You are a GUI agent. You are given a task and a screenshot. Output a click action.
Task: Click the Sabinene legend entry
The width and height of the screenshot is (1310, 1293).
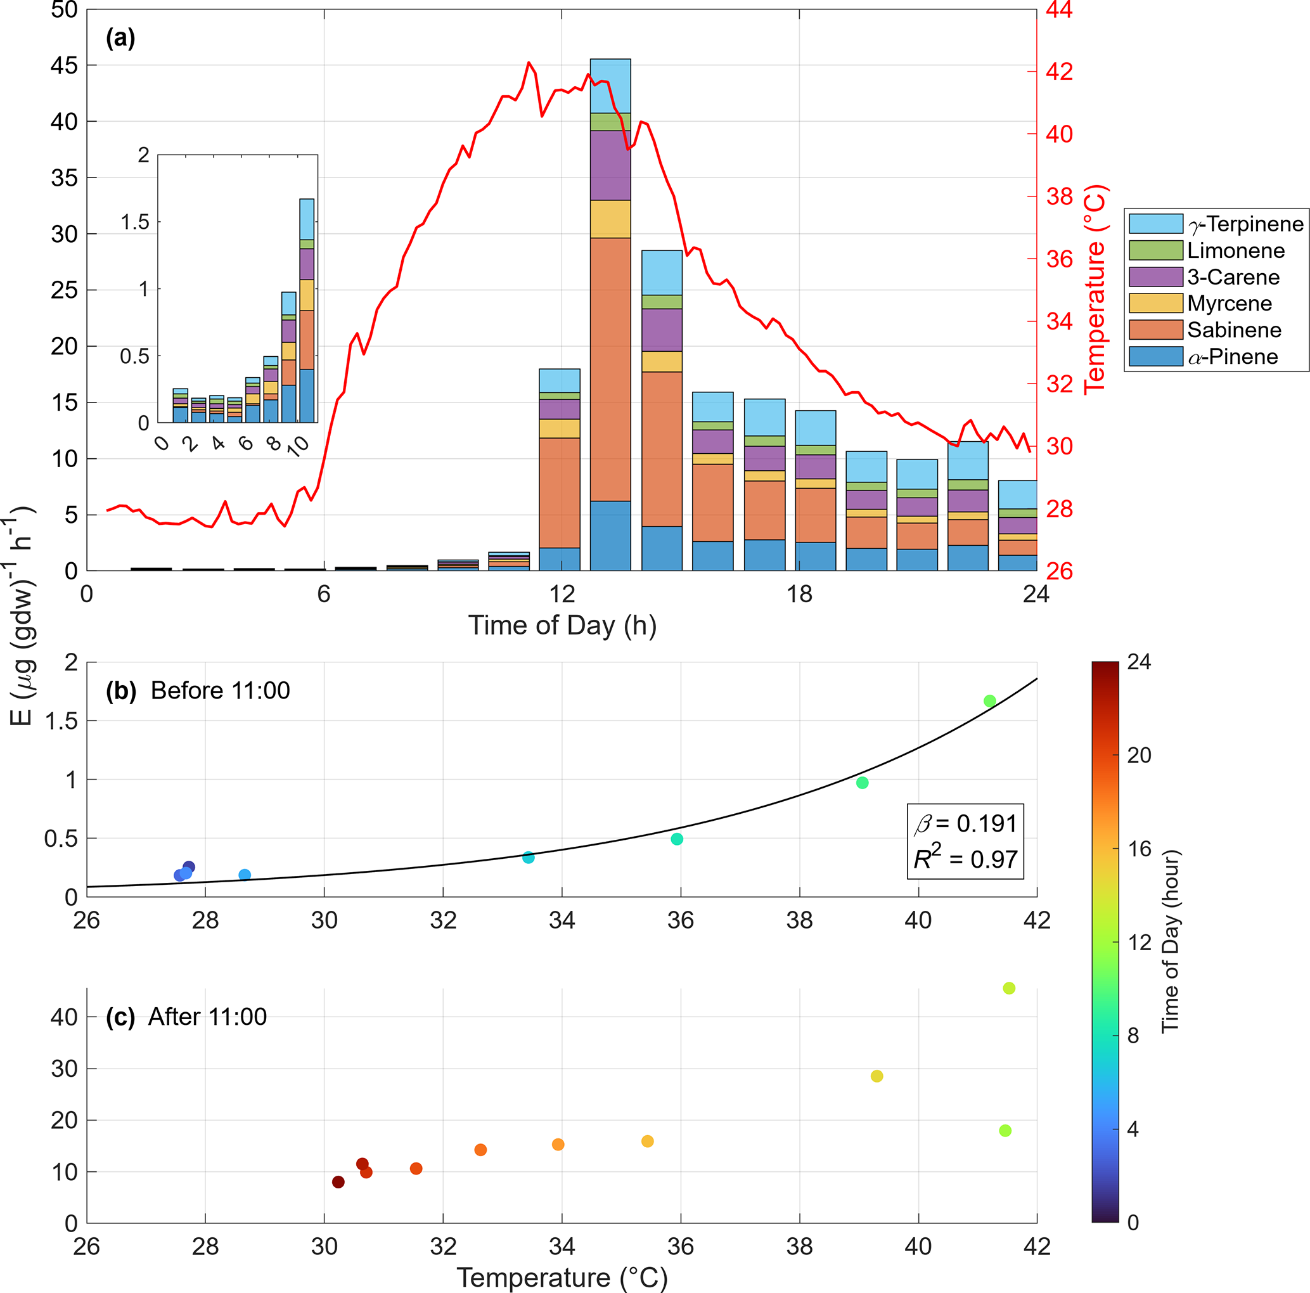pyautogui.click(x=1233, y=330)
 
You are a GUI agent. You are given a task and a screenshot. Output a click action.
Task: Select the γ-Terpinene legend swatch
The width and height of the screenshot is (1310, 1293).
pyautogui.click(x=1155, y=224)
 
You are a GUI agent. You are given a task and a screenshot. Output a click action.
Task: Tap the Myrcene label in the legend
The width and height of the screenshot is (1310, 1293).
pyautogui.click(x=1230, y=304)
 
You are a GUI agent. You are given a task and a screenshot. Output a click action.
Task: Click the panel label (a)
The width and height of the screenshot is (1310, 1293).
pyautogui.click(x=120, y=38)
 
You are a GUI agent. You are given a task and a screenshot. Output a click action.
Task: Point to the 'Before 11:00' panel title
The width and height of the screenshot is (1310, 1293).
pyautogui.click(x=220, y=690)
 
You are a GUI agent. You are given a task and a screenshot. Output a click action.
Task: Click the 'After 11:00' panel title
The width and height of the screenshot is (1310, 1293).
pyautogui.click(x=207, y=1017)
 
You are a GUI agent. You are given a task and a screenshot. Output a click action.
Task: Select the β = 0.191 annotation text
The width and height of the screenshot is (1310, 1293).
pyautogui.click(x=966, y=824)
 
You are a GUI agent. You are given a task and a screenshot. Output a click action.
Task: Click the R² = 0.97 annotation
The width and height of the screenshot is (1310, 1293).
pyautogui.click(x=966, y=859)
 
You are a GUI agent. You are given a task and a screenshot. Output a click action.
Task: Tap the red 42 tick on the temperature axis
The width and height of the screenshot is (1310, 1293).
pyautogui.click(x=1059, y=71)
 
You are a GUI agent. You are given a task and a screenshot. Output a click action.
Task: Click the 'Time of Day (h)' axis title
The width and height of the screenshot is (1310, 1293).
pyautogui.click(x=562, y=625)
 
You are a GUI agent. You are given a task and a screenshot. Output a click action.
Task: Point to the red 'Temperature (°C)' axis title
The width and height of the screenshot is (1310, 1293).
pyautogui.click(x=1095, y=289)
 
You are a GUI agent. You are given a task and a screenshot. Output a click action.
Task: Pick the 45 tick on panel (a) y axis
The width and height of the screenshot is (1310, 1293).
pyautogui.click(x=64, y=66)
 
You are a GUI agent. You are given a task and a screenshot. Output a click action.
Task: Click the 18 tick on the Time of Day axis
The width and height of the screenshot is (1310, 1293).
pyautogui.click(x=799, y=595)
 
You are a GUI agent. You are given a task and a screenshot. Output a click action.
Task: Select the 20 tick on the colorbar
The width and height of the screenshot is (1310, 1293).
pyautogui.click(x=1139, y=755)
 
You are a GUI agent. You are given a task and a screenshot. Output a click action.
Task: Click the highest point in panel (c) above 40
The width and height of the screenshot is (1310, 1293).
pyautogui.click(x=1009, y=988)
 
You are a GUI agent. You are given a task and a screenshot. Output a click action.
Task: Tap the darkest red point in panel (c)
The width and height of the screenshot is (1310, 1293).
pyautogui.click(x=338, y=1182)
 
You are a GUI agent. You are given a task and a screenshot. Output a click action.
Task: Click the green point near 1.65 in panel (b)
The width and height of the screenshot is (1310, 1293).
pyautogui.click(x=989, y=701)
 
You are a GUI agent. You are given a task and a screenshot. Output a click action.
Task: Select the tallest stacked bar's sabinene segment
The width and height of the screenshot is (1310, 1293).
pyautogui.click(x=610, y=369)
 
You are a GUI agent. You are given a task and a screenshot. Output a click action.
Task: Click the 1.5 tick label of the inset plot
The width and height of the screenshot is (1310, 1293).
pyautogui.click(x=135, y=222)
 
